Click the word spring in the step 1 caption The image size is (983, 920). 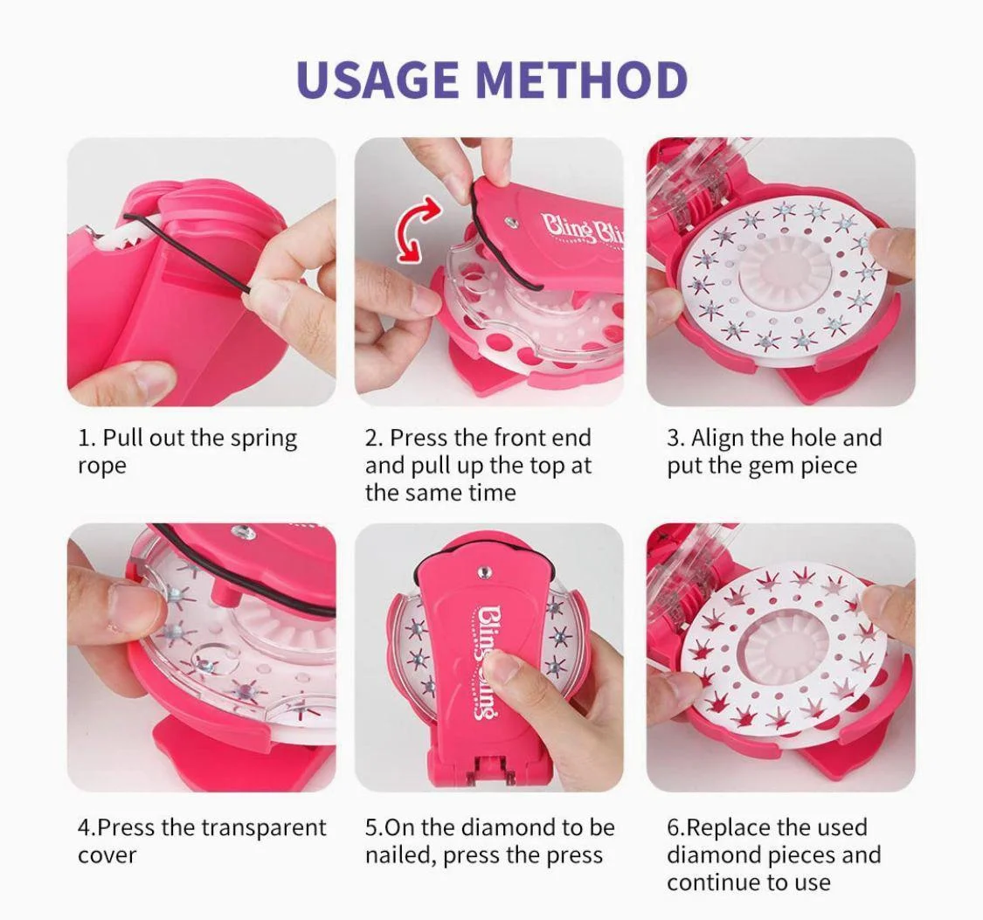(x=264, y=439)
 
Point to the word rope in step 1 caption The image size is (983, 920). (x=102, y=467)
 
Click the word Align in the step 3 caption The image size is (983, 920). (x=718, y=438)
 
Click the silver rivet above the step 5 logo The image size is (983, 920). (x=482, y=572)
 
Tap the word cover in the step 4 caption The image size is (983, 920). (x=107, y=855)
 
